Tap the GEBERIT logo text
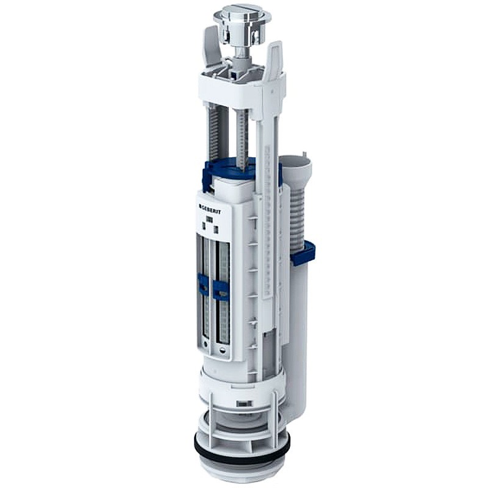click(210, 209)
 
